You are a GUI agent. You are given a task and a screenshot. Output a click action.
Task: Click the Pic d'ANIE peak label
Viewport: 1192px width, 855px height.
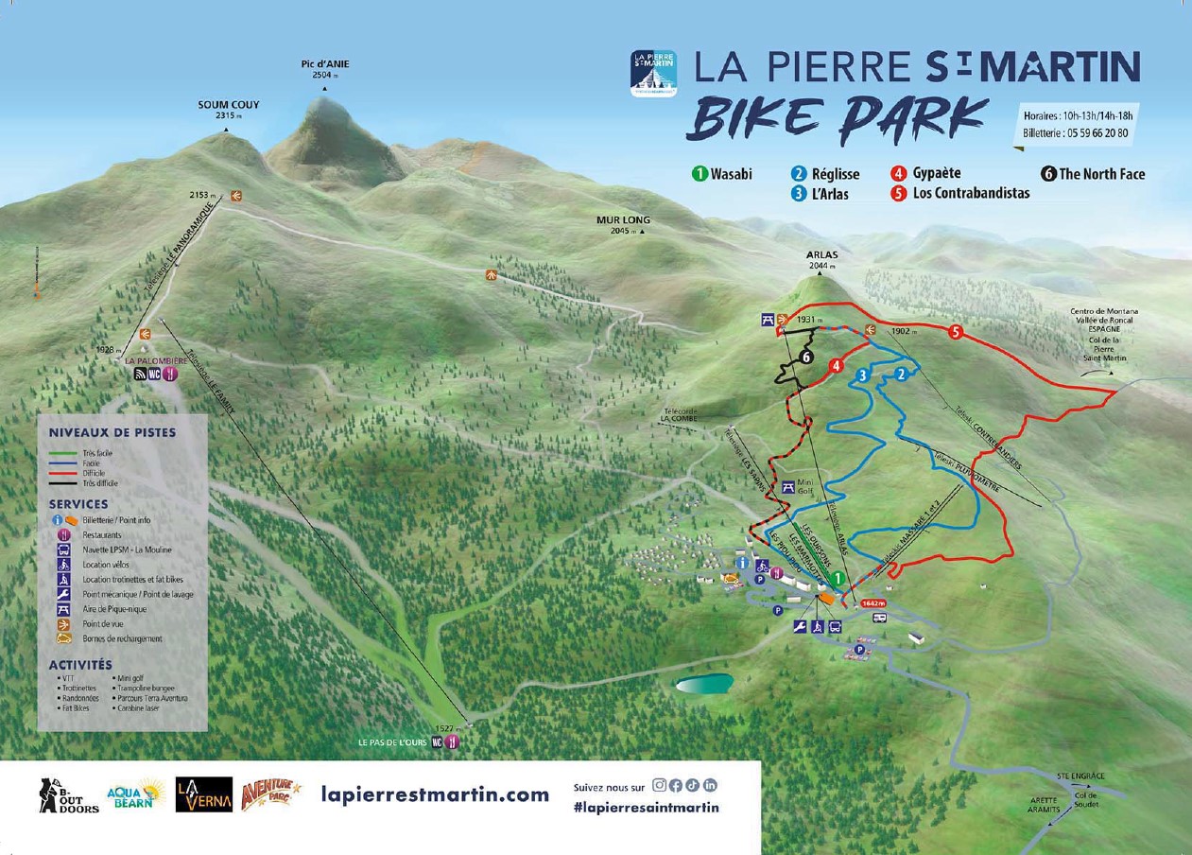(324, 64)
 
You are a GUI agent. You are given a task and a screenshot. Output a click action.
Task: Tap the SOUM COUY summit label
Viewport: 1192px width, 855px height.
(228, 105)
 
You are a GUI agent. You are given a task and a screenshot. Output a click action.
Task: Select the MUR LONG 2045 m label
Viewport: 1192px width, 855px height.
(623, 220)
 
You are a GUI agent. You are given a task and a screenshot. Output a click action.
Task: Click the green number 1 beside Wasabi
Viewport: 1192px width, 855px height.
(700, 174)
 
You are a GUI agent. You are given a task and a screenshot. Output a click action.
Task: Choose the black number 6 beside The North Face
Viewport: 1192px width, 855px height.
(1048, 174)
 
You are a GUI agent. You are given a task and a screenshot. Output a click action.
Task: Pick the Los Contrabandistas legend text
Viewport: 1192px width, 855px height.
(971, 194)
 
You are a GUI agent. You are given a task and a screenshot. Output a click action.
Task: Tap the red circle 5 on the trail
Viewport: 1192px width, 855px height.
(956, 332)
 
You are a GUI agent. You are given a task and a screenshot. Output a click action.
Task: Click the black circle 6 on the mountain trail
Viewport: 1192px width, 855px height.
(805, 358)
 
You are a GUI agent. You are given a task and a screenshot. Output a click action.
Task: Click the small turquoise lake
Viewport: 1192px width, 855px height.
(703, 683)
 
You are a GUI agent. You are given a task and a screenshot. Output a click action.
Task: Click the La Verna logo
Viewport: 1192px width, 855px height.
(203, 794)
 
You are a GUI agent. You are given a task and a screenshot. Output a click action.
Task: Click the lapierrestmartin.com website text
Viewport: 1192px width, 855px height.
(435, 794)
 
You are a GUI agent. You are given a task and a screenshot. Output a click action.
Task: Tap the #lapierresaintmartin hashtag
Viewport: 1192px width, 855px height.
(646, 807)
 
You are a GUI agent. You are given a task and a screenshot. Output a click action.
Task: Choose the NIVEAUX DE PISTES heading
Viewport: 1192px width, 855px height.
(112, 432)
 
